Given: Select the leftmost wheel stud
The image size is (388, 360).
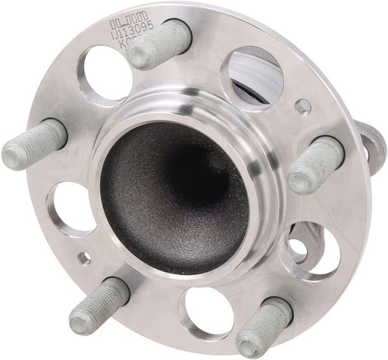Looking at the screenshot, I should [34, 145].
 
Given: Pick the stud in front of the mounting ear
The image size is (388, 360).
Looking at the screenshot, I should [314, 164].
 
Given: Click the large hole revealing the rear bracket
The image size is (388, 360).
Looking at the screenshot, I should [312, 250].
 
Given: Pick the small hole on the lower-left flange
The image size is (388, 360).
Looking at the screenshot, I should [84, 258].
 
